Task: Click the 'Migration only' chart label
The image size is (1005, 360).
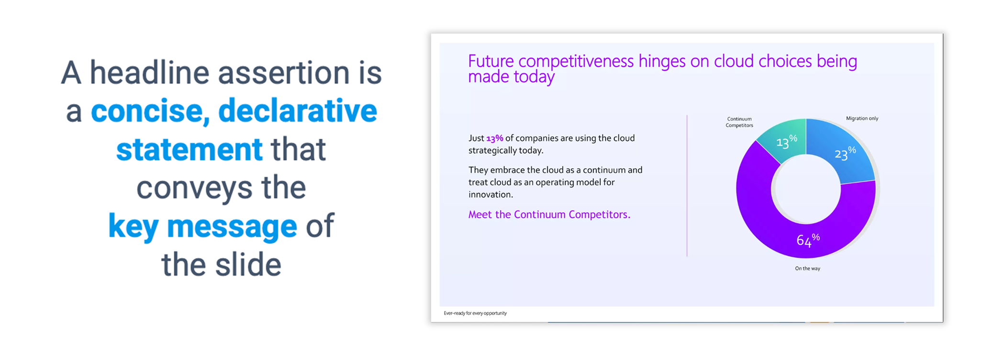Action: tap(862, 118)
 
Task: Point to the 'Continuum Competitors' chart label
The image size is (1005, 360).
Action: tap(739, 122)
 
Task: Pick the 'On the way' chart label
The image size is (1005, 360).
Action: tap(807, 269)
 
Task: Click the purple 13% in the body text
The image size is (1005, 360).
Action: tap(495, 138)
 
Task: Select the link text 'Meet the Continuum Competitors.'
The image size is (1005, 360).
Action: tap(549, 214)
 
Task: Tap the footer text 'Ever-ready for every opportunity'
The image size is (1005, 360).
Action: tap(475, 313)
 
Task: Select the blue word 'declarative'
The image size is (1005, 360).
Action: tap(298, 111)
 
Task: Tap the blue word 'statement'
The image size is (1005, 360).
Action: tap(190, 149)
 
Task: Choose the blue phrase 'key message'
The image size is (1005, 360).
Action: tap(202, 226)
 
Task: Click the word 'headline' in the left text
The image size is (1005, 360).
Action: tap(150, 73)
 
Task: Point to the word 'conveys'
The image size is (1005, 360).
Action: tap(194, 188)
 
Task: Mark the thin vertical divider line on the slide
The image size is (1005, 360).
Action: tap(687, 186)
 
